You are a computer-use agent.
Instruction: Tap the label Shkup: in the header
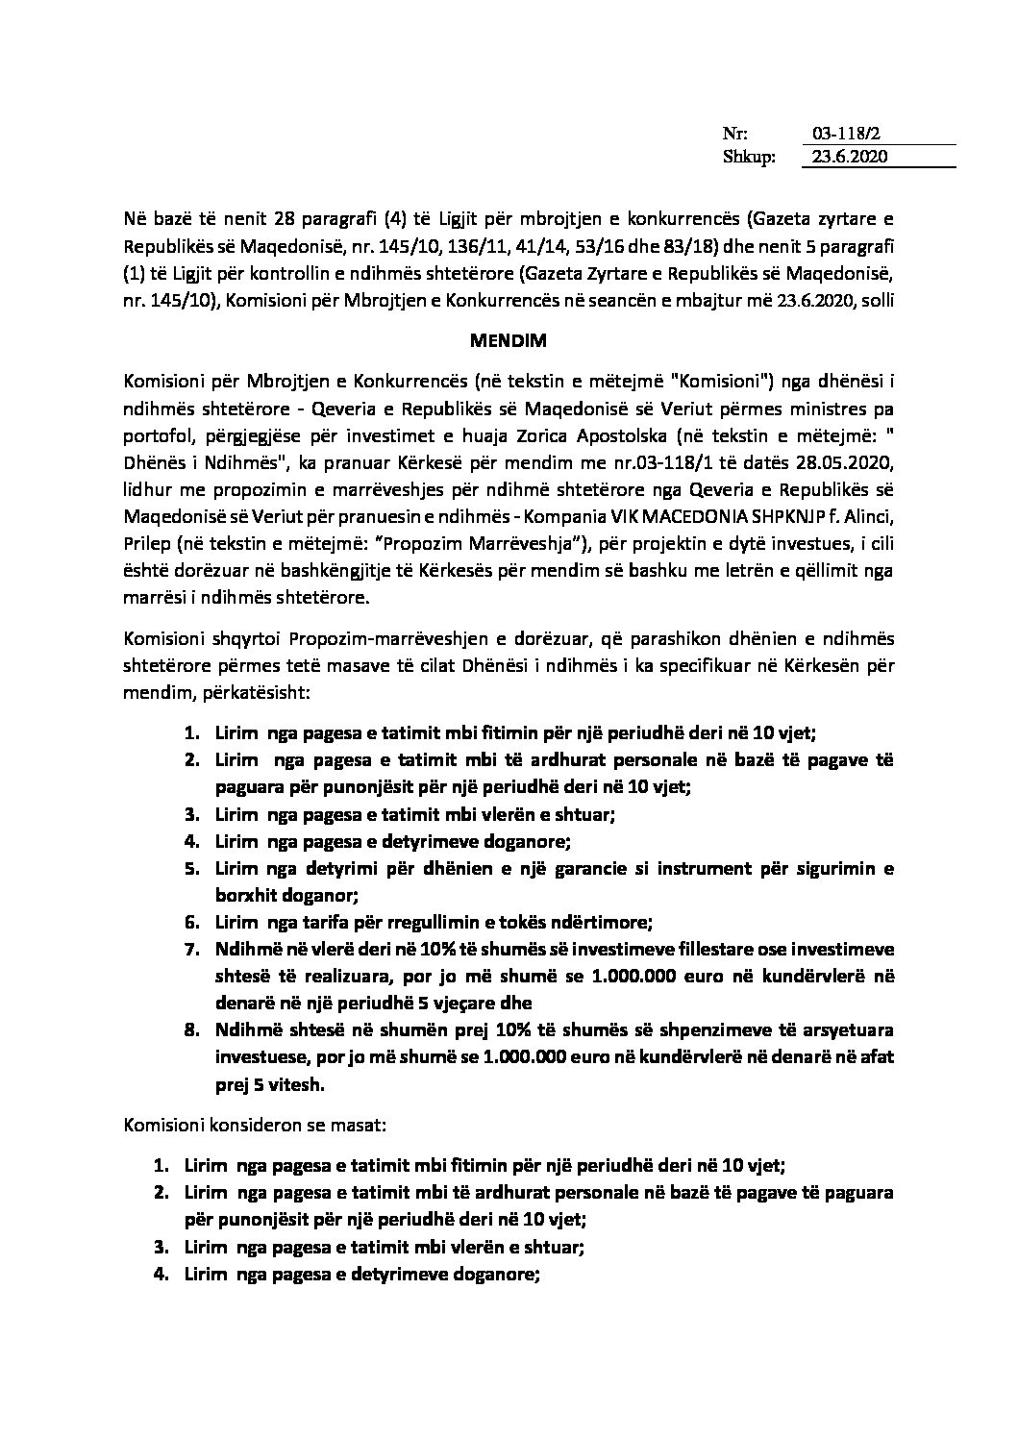(748, 158)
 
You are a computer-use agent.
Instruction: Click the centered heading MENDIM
(509, 339)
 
